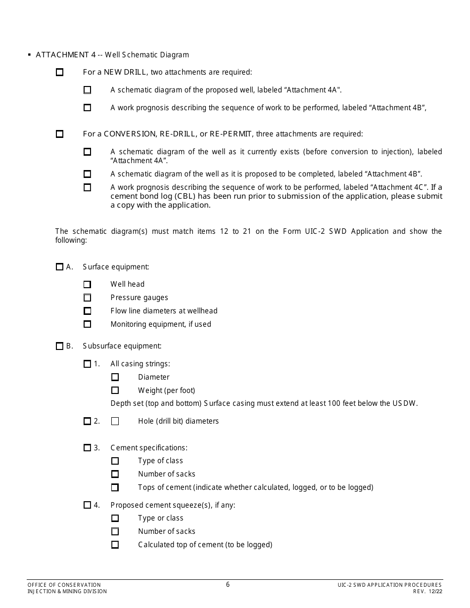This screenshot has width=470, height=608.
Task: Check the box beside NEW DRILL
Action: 60,72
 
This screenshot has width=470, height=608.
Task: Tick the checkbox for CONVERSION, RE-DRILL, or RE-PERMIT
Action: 60,134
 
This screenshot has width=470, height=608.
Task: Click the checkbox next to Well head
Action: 88,284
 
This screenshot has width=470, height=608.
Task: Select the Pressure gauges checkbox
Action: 88,298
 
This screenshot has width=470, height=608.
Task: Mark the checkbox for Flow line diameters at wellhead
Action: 88,311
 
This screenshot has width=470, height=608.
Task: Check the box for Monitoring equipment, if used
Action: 88,324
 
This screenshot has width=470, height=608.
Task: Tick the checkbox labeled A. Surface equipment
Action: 60,267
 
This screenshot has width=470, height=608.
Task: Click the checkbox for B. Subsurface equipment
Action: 60,347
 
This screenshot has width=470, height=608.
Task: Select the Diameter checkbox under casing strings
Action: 115,377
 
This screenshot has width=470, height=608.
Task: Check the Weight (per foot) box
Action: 115,391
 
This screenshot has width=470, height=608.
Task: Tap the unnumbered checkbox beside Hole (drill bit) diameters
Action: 115,421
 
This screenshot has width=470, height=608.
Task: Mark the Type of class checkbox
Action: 115,461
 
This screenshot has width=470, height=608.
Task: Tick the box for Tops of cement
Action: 115,487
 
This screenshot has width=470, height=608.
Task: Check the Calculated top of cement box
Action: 115,545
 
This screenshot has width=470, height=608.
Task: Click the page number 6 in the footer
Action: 228,584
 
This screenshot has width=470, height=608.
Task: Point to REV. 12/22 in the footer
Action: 427,591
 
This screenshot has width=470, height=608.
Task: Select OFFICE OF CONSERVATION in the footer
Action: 64,585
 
